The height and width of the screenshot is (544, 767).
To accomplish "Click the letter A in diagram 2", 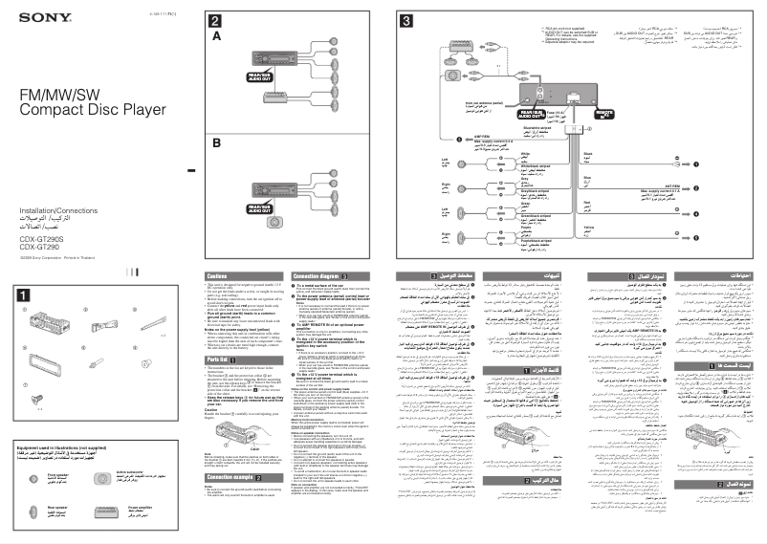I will coord(216,35).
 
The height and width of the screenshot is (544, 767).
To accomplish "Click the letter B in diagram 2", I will coord(216,142).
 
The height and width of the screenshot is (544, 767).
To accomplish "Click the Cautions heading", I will coord(218,276).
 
